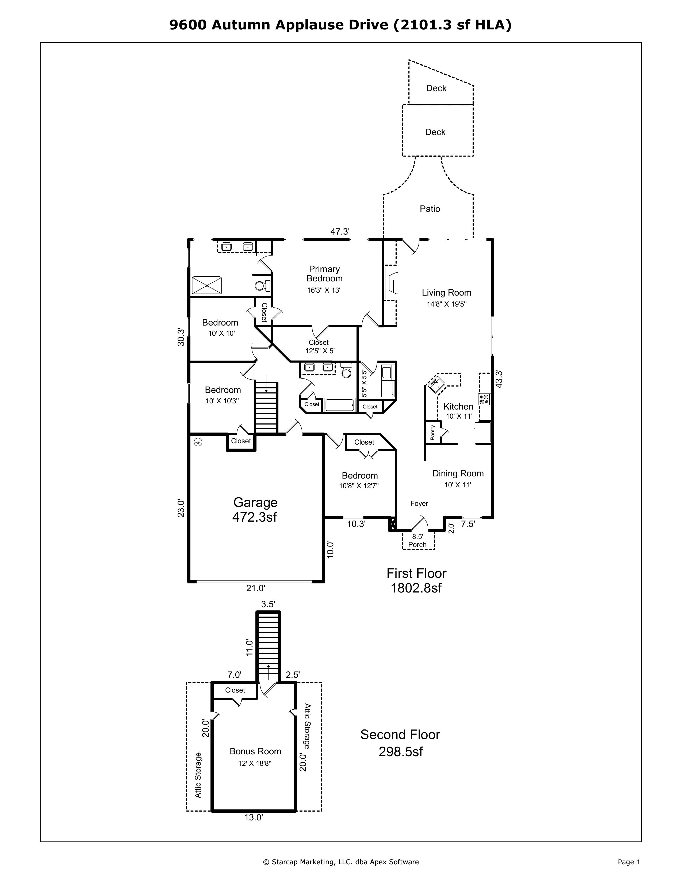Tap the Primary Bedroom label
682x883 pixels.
tap(324, 274)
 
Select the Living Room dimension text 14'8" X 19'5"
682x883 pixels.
tap(446, 304)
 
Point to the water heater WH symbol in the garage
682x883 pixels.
tap(198, 442)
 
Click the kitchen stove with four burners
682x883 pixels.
tap(484, 399)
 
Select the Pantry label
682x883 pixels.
tap(432, 433)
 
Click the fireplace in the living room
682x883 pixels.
tap(391, 283)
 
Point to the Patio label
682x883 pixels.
tap(430, 209)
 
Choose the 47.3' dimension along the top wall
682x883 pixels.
tap(340, 232)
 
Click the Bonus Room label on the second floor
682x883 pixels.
tap(255, 751)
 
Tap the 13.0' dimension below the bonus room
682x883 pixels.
tap(254, 817)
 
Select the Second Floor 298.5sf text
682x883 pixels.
tap(400, 743)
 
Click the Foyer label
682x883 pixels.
tap(419, 503)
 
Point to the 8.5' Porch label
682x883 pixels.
tap(417, 541)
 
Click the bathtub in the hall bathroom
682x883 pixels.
tap(340, 405)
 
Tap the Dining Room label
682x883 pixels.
tap(458, 473)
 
